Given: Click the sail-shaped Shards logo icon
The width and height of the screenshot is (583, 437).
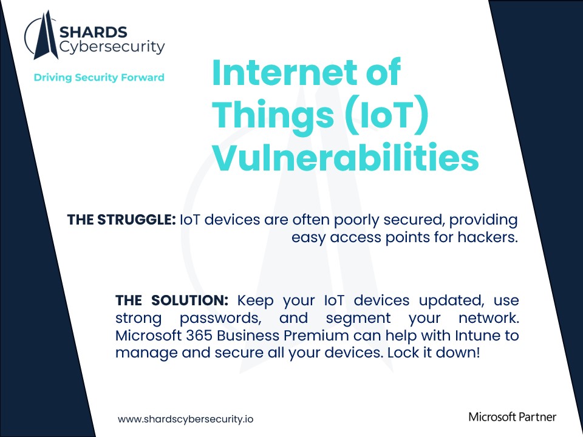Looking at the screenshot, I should click(43, 38).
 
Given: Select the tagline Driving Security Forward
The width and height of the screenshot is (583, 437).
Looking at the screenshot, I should click(99, 77).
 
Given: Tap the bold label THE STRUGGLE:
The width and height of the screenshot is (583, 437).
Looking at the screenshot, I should click(121, 220).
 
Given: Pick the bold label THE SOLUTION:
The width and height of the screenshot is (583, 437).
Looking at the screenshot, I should click(172, 300).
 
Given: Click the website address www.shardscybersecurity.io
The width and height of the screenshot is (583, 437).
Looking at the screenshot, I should click(185, 419).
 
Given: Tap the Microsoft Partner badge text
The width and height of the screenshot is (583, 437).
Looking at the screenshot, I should click(513, 416).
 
